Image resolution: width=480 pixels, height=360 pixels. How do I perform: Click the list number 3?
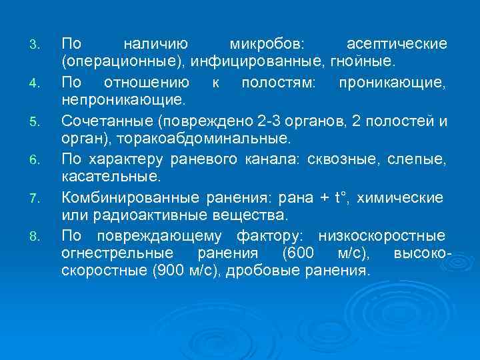point(37,45)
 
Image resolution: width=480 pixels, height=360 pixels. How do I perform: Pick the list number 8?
point(37,237)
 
